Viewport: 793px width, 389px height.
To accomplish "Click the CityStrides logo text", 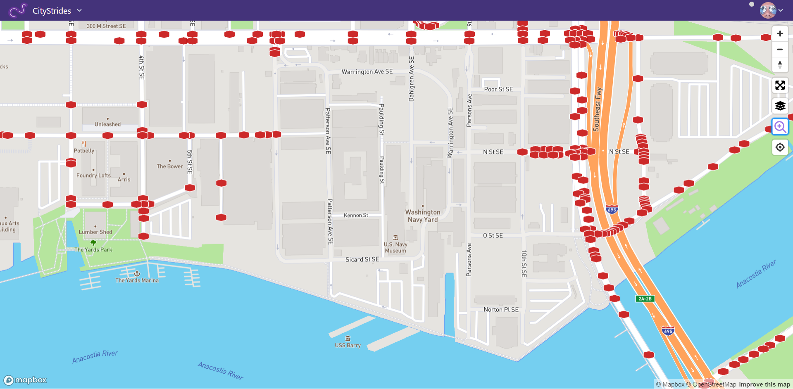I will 52,11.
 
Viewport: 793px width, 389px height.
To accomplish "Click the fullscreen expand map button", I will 780,85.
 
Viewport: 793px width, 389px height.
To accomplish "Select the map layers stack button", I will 780,106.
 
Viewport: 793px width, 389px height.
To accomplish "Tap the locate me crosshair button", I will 780,147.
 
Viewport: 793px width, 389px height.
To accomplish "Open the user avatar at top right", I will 768,10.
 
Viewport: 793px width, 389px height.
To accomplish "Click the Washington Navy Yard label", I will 423,216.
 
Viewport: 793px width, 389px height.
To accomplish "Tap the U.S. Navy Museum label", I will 395,247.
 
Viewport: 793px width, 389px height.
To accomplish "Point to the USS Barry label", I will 348,345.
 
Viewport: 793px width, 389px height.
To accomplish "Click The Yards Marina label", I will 137,280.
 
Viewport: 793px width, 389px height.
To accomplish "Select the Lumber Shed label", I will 95,232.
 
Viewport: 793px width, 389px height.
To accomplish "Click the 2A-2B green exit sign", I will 645,299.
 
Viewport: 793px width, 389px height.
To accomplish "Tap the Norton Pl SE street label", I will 501,310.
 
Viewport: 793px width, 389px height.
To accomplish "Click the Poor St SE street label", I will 498,89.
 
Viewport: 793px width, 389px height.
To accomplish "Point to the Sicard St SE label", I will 362,259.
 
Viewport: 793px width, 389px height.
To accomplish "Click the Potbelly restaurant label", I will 84,151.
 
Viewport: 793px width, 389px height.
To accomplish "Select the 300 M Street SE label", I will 106,26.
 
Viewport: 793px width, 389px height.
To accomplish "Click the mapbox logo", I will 25,380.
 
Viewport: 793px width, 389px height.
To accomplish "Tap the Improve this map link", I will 764,384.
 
